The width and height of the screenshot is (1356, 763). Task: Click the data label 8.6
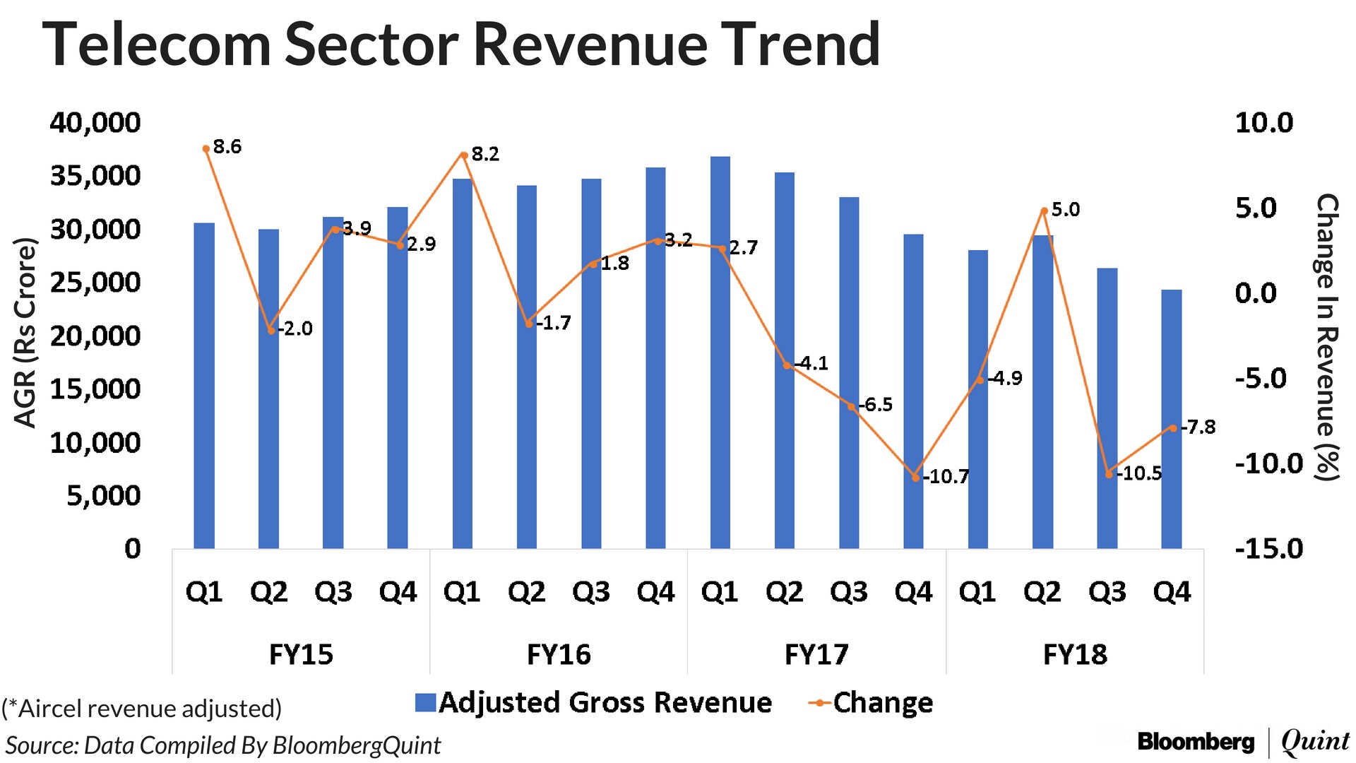227,147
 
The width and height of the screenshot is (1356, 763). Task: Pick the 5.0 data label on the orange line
1065,210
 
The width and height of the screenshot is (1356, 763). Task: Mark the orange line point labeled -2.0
270,330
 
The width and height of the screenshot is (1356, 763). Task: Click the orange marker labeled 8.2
463,155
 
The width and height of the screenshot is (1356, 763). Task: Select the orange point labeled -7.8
1173,428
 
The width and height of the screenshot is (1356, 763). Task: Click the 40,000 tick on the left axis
95,123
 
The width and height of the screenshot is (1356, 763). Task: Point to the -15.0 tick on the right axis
1268,549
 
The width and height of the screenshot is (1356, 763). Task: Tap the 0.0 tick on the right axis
1256,292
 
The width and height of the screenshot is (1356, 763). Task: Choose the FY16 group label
559,654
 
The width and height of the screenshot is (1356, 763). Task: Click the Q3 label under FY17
849,591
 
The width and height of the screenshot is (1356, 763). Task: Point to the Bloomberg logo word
1196,741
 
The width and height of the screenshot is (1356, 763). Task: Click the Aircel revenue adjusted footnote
142,708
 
